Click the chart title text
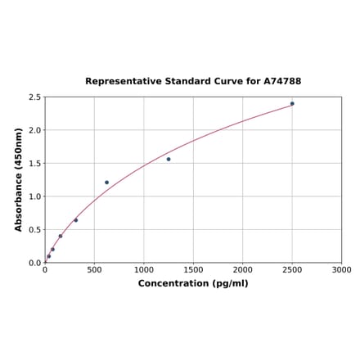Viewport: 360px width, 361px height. pyautogui.click(x=193, y=82)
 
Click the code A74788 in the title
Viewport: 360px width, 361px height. pyautogui.click(x=282, y=82)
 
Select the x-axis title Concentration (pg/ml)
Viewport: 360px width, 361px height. pyautogui.click(x=193, y=283)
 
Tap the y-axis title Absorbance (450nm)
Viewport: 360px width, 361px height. pyautogui.click(x=19, y=179)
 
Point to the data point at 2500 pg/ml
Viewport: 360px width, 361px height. pyautogui.click(x=292, y=104)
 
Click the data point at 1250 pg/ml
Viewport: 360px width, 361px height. pyautogui.click(x=169, y=159)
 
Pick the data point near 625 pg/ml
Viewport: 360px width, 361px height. pyautogui.click(x=106, y=183)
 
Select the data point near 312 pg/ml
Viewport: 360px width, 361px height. pyautogui.click(x=76, y=220)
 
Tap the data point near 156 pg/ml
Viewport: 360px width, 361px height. pyautogui.click(x=61, y=237)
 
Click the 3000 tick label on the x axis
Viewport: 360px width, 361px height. pyautogui.click(x=341, y=269)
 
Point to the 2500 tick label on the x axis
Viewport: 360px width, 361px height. pyautogui.click(x=292, y=269)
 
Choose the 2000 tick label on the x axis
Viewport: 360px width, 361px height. pyautogui.click(x=242, y=269)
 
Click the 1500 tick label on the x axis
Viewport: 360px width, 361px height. pyautogui.click(x=193, y=269)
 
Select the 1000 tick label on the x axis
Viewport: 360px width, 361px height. pyautogui.click(x=144, y=269)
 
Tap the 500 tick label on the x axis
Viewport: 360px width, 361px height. pyautogui.click(x=94, y=269)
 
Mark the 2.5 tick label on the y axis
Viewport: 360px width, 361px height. pyautogui.click(x=35, y=97)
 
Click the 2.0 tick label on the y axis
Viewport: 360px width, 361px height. pyautogui.click(x=35, y=130)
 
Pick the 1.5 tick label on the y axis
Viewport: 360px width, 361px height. pyautogui.click(x=35, y=164)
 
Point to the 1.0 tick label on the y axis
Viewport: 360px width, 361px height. pyautogui.click(x=35, y=196)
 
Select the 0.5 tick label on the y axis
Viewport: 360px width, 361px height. pyautogui.click(x=35, y=230)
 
